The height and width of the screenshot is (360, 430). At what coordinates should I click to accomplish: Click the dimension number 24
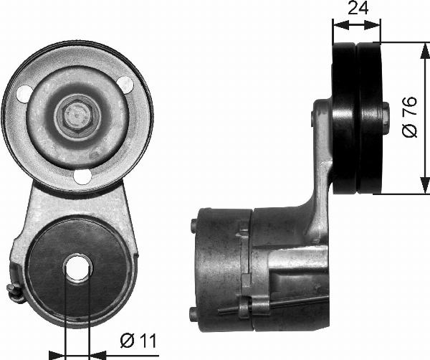click(x=357, y=10)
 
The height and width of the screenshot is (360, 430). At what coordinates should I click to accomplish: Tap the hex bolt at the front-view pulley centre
click(x=75, y=115)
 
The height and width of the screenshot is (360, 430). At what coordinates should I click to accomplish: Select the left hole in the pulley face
click(x=24, y=93)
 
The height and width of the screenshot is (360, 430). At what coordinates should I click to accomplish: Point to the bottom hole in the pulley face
click(x=83, y=176)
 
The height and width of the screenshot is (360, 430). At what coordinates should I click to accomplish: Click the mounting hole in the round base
click(x=77, y=268)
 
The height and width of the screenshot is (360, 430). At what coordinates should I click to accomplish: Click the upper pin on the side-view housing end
click(x=193, y=227)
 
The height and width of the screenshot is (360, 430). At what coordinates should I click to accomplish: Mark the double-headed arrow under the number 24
click(x=357, y=26)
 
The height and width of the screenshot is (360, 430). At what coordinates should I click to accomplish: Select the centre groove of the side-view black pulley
click(x=357, y=118)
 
